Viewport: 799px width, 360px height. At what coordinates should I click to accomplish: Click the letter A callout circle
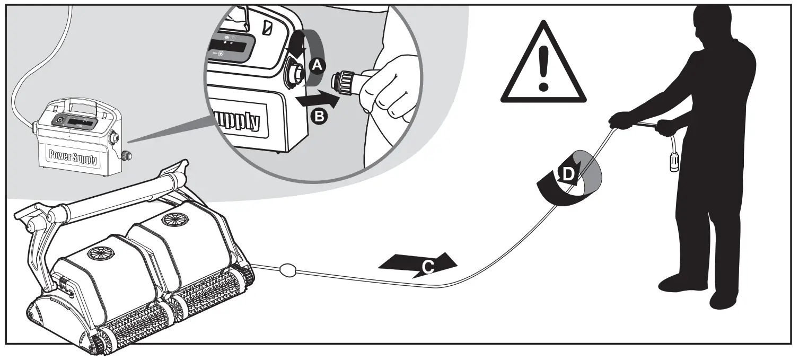[317, 66]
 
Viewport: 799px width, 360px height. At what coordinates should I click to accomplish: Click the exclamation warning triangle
[543, 63]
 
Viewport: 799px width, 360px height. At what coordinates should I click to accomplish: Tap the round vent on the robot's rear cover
[175, 219]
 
